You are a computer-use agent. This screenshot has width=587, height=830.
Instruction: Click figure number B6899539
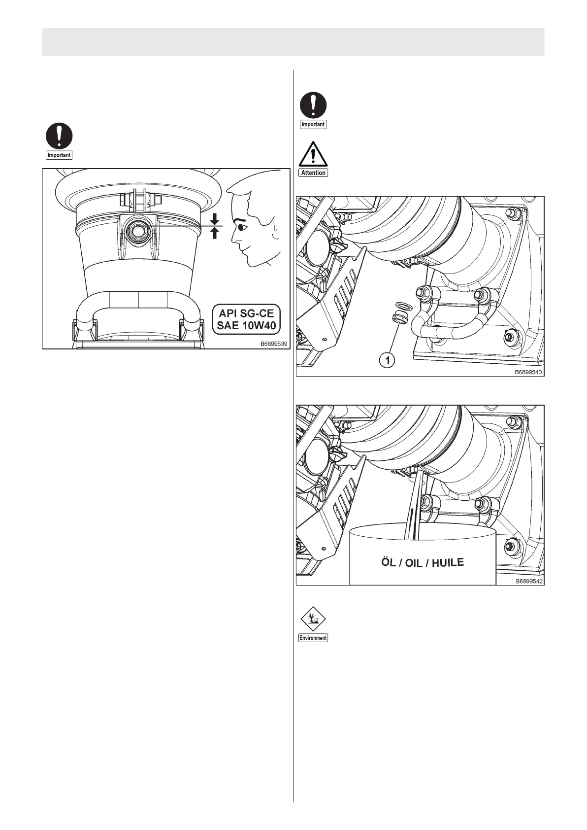coord(274,344)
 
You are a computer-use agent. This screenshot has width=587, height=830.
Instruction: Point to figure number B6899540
coord(528,372)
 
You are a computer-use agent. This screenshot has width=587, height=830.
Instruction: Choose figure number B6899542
coord(528,581)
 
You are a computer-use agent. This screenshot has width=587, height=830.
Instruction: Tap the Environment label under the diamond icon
coord(313,638)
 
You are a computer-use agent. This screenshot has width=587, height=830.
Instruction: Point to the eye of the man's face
coord(240,228)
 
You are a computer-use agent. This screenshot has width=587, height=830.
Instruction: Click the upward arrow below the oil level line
coord(214,233)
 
